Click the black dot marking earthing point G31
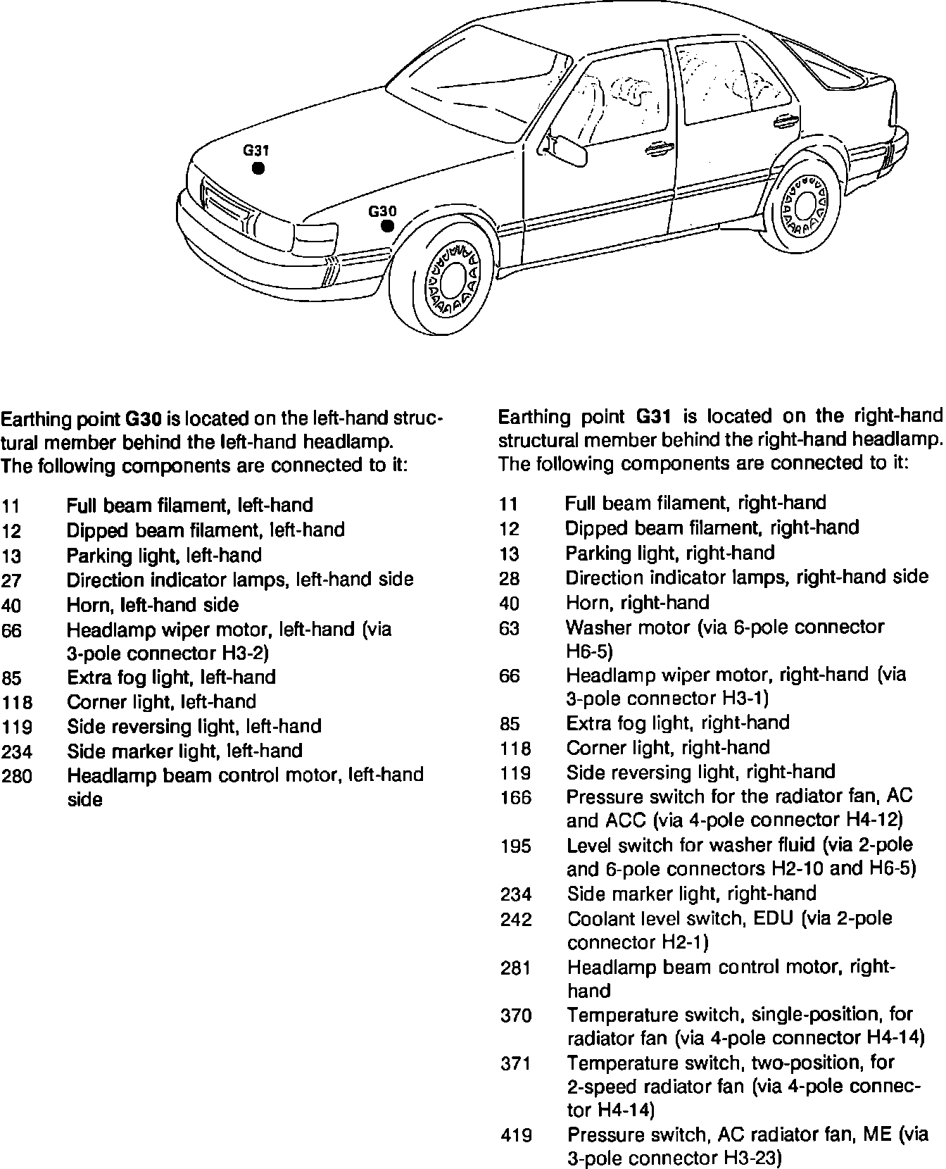258,168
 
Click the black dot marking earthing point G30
386,226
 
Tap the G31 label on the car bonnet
256,150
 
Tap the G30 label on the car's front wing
382,211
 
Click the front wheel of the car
450,277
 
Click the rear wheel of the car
802,205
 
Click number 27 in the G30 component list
12,581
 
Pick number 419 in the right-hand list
516,1135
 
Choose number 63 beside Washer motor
509,628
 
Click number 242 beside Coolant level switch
516,920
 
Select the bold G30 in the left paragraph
143,419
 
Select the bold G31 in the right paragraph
652,416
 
